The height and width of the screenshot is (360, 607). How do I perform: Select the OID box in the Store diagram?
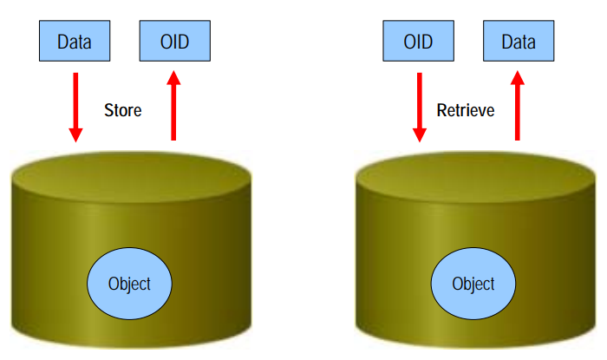click(x=174, y=41)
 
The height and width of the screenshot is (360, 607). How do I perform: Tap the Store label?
click(x=122, y=110)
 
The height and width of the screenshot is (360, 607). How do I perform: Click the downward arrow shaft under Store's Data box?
click(x=75, y=100)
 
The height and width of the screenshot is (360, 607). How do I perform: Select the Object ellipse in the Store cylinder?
click(x=129, y=284)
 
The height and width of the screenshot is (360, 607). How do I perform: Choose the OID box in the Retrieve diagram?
click(x=419, y=41)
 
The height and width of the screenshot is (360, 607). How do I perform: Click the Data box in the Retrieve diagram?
click(x=519, y=41)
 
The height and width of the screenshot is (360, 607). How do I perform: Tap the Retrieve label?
click(x=466, y=110)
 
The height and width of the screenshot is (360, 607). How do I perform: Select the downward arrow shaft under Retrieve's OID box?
click(x=420, y=100)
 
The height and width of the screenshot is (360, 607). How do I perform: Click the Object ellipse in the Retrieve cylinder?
click(x=473, y=284)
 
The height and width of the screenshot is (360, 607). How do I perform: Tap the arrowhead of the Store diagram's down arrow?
click(x=75, y=134)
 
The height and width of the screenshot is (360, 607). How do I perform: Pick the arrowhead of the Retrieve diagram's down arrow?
click(x=420, y=134)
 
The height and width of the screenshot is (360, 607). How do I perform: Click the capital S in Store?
click(x=108, y=110)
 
